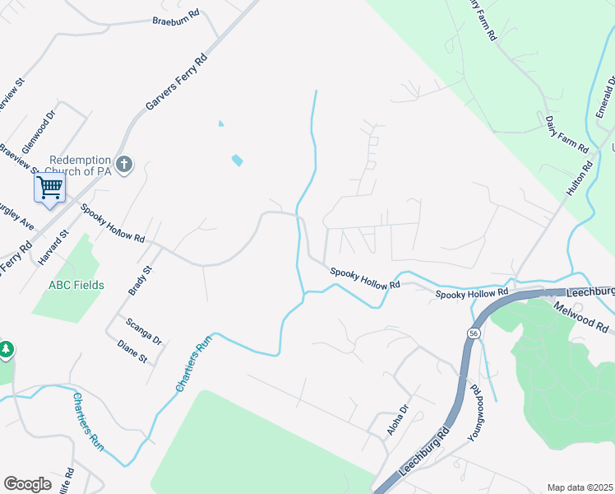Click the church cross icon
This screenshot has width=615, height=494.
click(124, 165)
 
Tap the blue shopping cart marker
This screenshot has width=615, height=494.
click(49, 189)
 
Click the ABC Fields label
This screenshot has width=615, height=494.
click(76, 285)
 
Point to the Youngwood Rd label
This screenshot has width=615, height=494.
click(475, 412)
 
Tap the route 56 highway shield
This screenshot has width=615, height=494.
click(474, 333)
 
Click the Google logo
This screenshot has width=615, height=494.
click(27, 483)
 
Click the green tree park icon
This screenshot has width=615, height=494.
click(6, 350)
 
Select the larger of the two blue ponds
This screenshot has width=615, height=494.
click(237, 160)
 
